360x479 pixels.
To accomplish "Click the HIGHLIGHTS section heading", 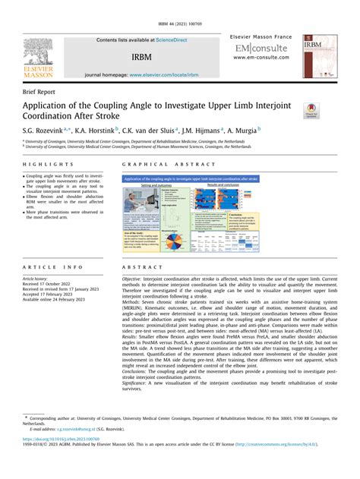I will [x=45, y=164].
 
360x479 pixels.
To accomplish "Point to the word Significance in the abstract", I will [x=138, y=384].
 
